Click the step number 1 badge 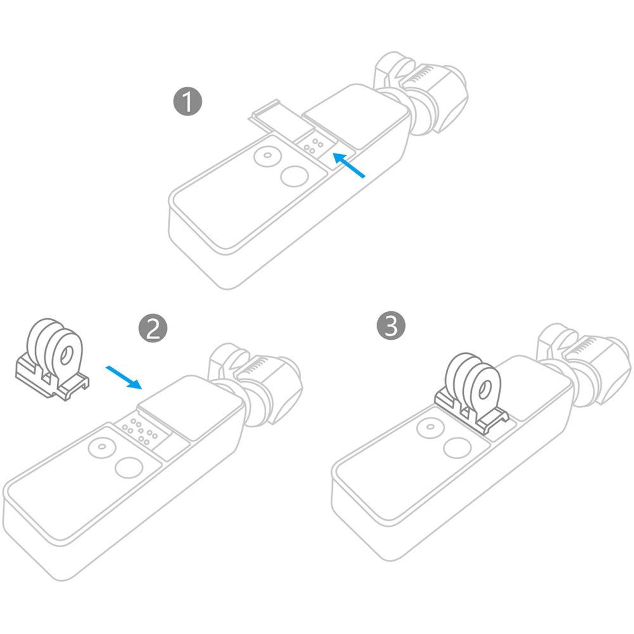(x=188, y=102)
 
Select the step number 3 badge (x=391, y=326)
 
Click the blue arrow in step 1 (x=349, y=165)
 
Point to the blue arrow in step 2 (x=124, y=377)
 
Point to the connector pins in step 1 (x=313, y=146)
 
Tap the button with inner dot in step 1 (x=266, y=156)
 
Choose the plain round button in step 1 (x=293, y=176)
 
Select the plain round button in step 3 (x=456, y=447)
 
